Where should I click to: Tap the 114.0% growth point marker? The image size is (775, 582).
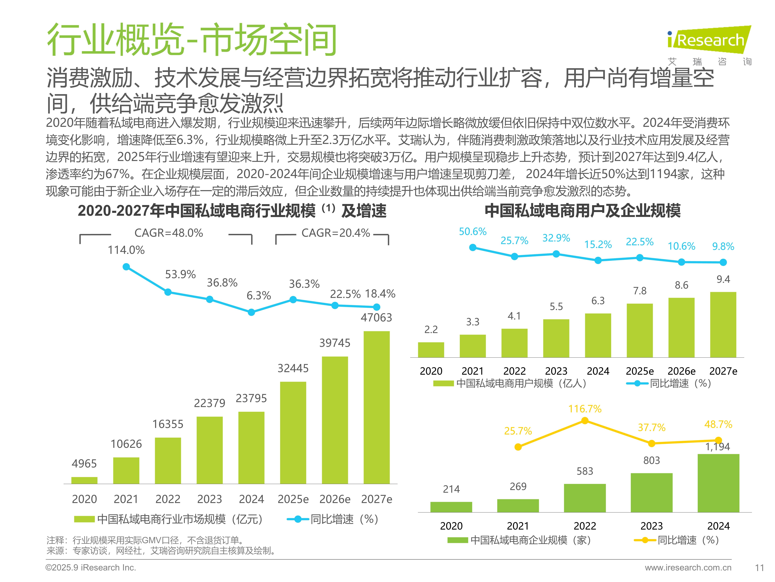(x=126, y=267)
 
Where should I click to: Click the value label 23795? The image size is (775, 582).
(x=251, y=398)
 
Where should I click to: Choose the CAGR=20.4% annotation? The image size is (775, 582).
(x=336, y=233)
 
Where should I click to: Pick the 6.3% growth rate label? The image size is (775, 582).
(x=259, y=296)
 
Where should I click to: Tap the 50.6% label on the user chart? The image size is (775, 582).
(x=473, y=232)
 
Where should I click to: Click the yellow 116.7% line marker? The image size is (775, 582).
(x=585, y=421)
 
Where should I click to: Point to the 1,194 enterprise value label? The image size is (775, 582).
(x=718, y=447)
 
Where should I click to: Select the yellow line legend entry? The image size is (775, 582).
(x=676, y=540)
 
